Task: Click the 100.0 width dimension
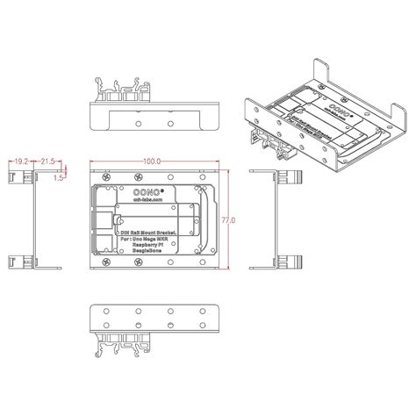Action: pos(154,161)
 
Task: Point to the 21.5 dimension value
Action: pos(48,161)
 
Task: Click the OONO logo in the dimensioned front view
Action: pos(123,187)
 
